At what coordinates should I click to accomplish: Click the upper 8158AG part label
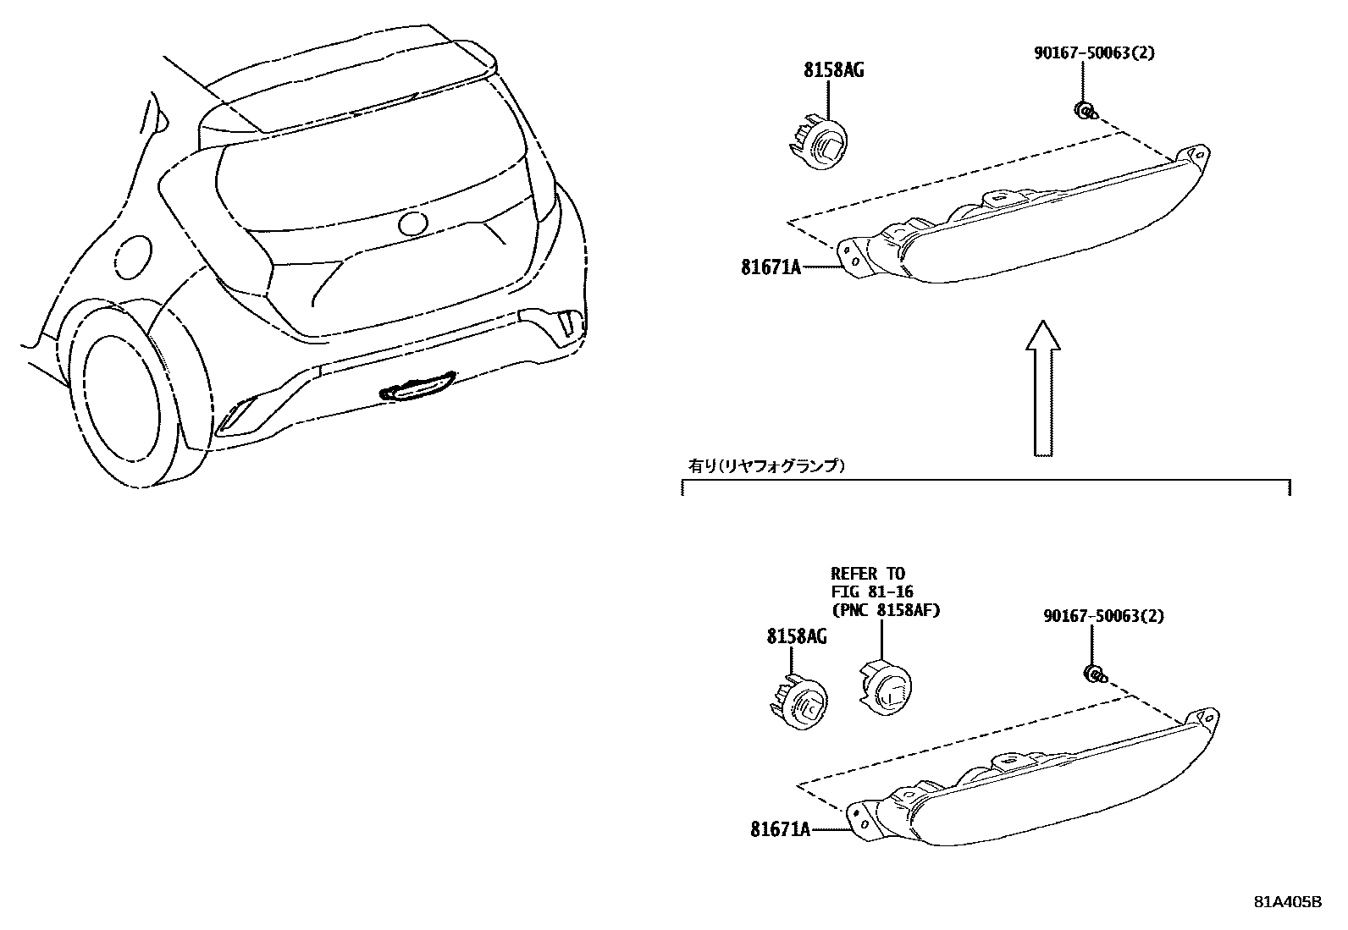pyautogui.click(x=833, y=70)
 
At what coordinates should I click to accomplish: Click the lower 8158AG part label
pyautogui.click(x=797, y=636)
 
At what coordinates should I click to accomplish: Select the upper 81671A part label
pyautogui.click(x=771, y=267)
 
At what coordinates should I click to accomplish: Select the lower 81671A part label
pyautogui.click(x=780, y=830)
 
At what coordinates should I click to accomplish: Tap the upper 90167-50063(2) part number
pyautogui.click(x=1094, y=52)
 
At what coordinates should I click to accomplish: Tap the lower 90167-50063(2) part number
pyautogui.click(x=1103, y=616)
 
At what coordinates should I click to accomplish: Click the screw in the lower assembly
pyautogui.click(x=1094, y=674)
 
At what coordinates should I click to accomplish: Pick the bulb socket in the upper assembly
pyautogui.click(x=820, y=146)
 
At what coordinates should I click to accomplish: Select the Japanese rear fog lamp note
pyautogui.click(x=765, y=465)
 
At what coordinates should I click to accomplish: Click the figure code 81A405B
pyautogui.click(x=1287, y=902)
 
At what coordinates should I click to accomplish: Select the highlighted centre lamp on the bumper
pyautogui.click(x=418, y=388)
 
